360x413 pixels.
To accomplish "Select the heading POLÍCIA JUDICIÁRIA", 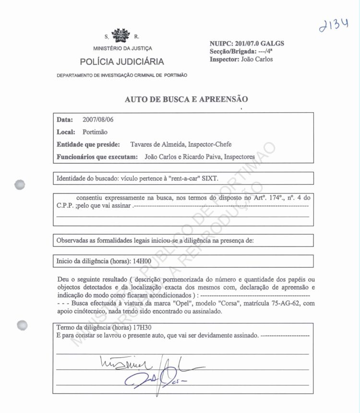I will [122, 61].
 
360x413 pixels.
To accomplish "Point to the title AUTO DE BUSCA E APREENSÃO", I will [186, 100].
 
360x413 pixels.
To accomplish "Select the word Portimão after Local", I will [95, 132].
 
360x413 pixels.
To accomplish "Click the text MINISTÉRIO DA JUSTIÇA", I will [122, 48].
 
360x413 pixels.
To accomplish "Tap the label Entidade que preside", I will [90, 144].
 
